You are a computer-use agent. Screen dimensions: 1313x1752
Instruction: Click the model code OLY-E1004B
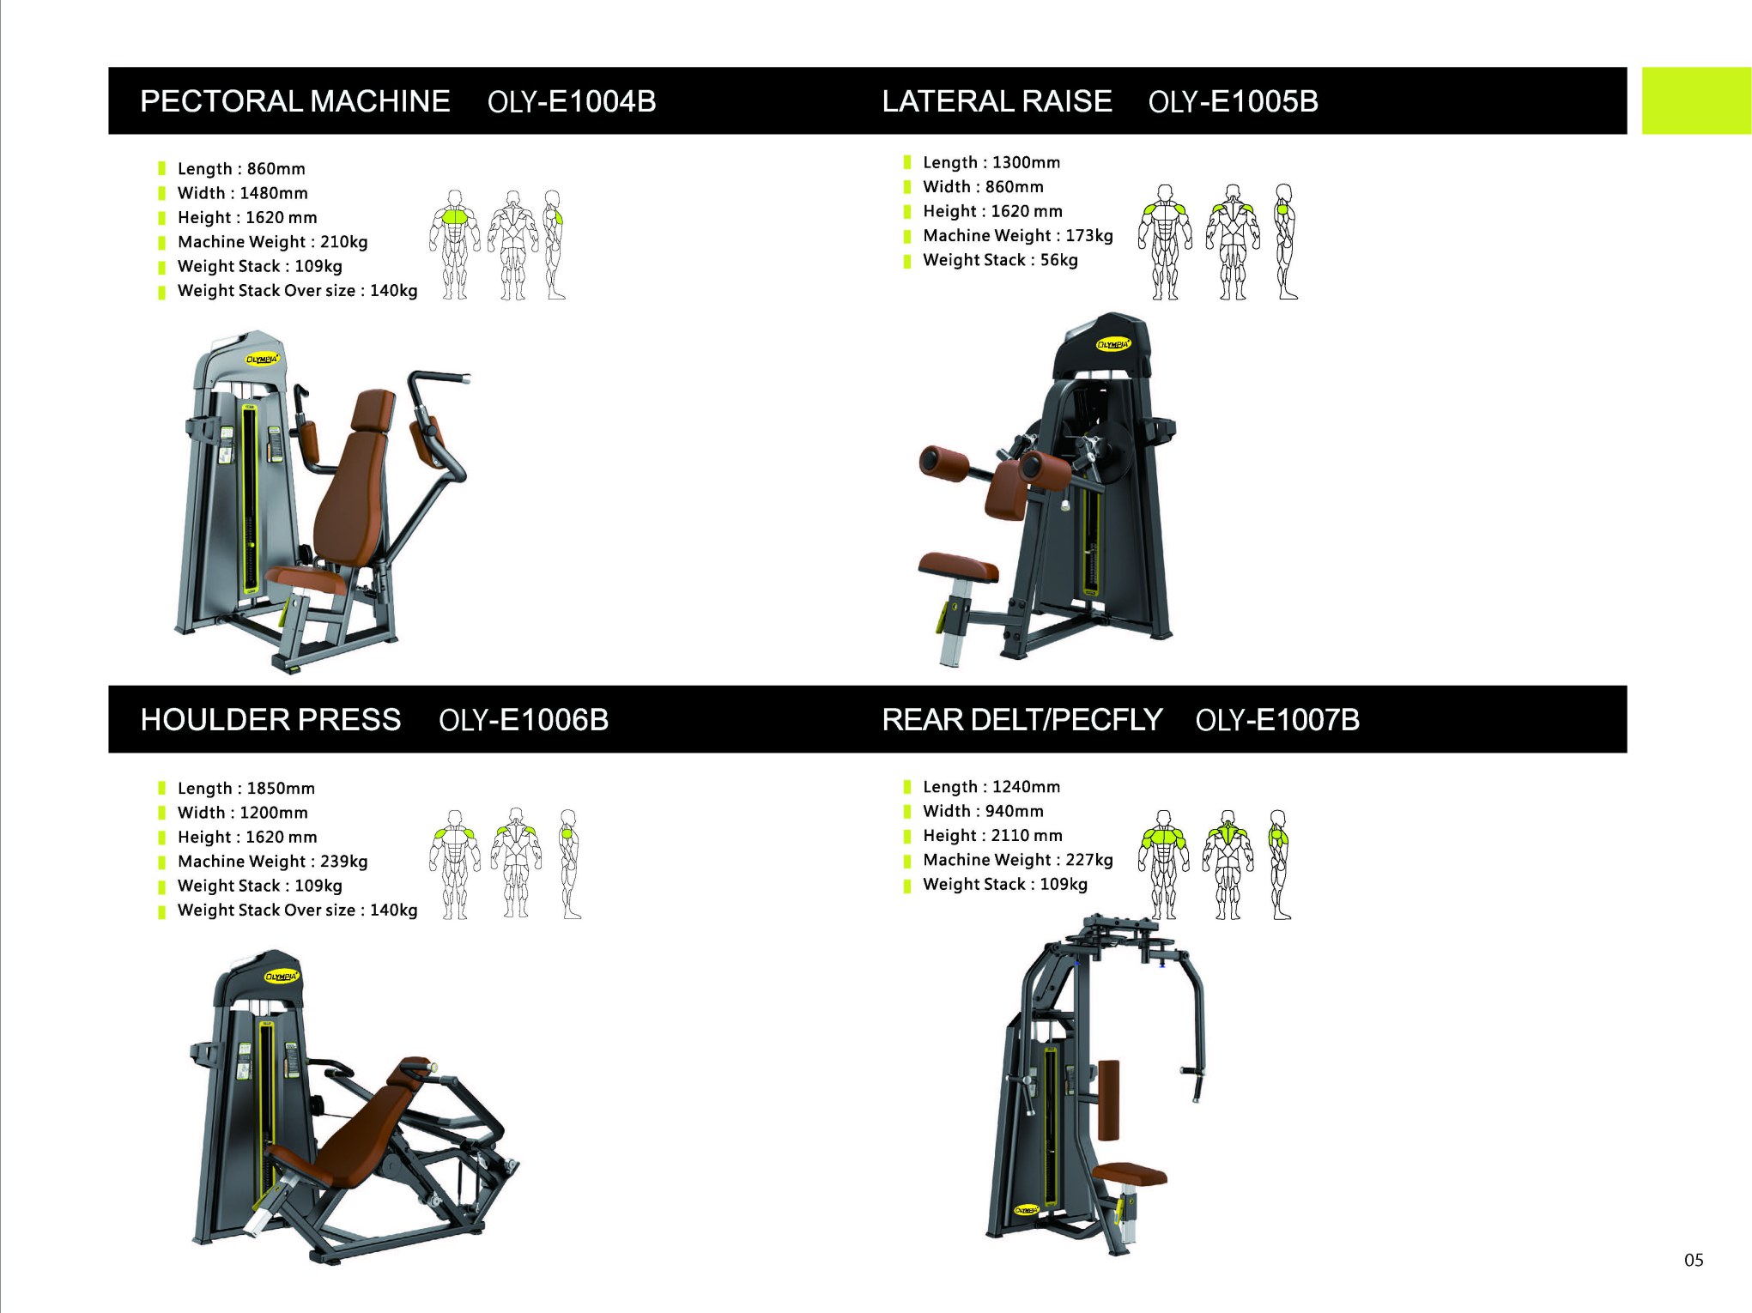click(572, 101)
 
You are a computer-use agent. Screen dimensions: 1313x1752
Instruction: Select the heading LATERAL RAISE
click(997, 101)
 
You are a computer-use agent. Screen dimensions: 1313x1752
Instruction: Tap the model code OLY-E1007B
click(1277, 720)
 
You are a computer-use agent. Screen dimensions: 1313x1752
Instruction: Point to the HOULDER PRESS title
click(270, 719)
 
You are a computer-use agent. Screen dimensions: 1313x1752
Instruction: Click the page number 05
click(1694, 1260)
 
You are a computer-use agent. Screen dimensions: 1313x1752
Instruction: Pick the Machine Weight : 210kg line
click(272, 242)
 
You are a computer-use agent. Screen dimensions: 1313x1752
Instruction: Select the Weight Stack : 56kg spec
click(1000, 260)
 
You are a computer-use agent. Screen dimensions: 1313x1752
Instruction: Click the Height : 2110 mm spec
click(992, 836)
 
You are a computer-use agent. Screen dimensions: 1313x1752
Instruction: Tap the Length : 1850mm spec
click(246, 789)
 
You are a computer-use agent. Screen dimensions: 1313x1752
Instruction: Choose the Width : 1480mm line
click(242, 193)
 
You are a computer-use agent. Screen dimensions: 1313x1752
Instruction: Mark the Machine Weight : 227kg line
click(1017, 860)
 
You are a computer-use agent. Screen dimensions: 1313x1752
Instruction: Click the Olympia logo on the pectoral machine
click(262, 360)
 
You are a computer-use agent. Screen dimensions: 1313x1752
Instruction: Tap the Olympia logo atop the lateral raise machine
click(1113, 344)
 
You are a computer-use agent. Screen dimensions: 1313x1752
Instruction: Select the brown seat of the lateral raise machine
click(958, 567)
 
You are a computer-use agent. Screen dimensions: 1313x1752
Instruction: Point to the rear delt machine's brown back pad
click(1109, 1099)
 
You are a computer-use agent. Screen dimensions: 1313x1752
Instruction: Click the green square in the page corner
click(1696, 100)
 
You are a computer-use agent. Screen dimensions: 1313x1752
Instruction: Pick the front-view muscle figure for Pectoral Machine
click(455, 245)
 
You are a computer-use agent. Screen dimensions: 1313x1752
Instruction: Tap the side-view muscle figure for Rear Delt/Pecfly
click(1279, 864)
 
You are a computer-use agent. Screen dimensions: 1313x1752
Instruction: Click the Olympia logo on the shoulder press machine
click(281, 977)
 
